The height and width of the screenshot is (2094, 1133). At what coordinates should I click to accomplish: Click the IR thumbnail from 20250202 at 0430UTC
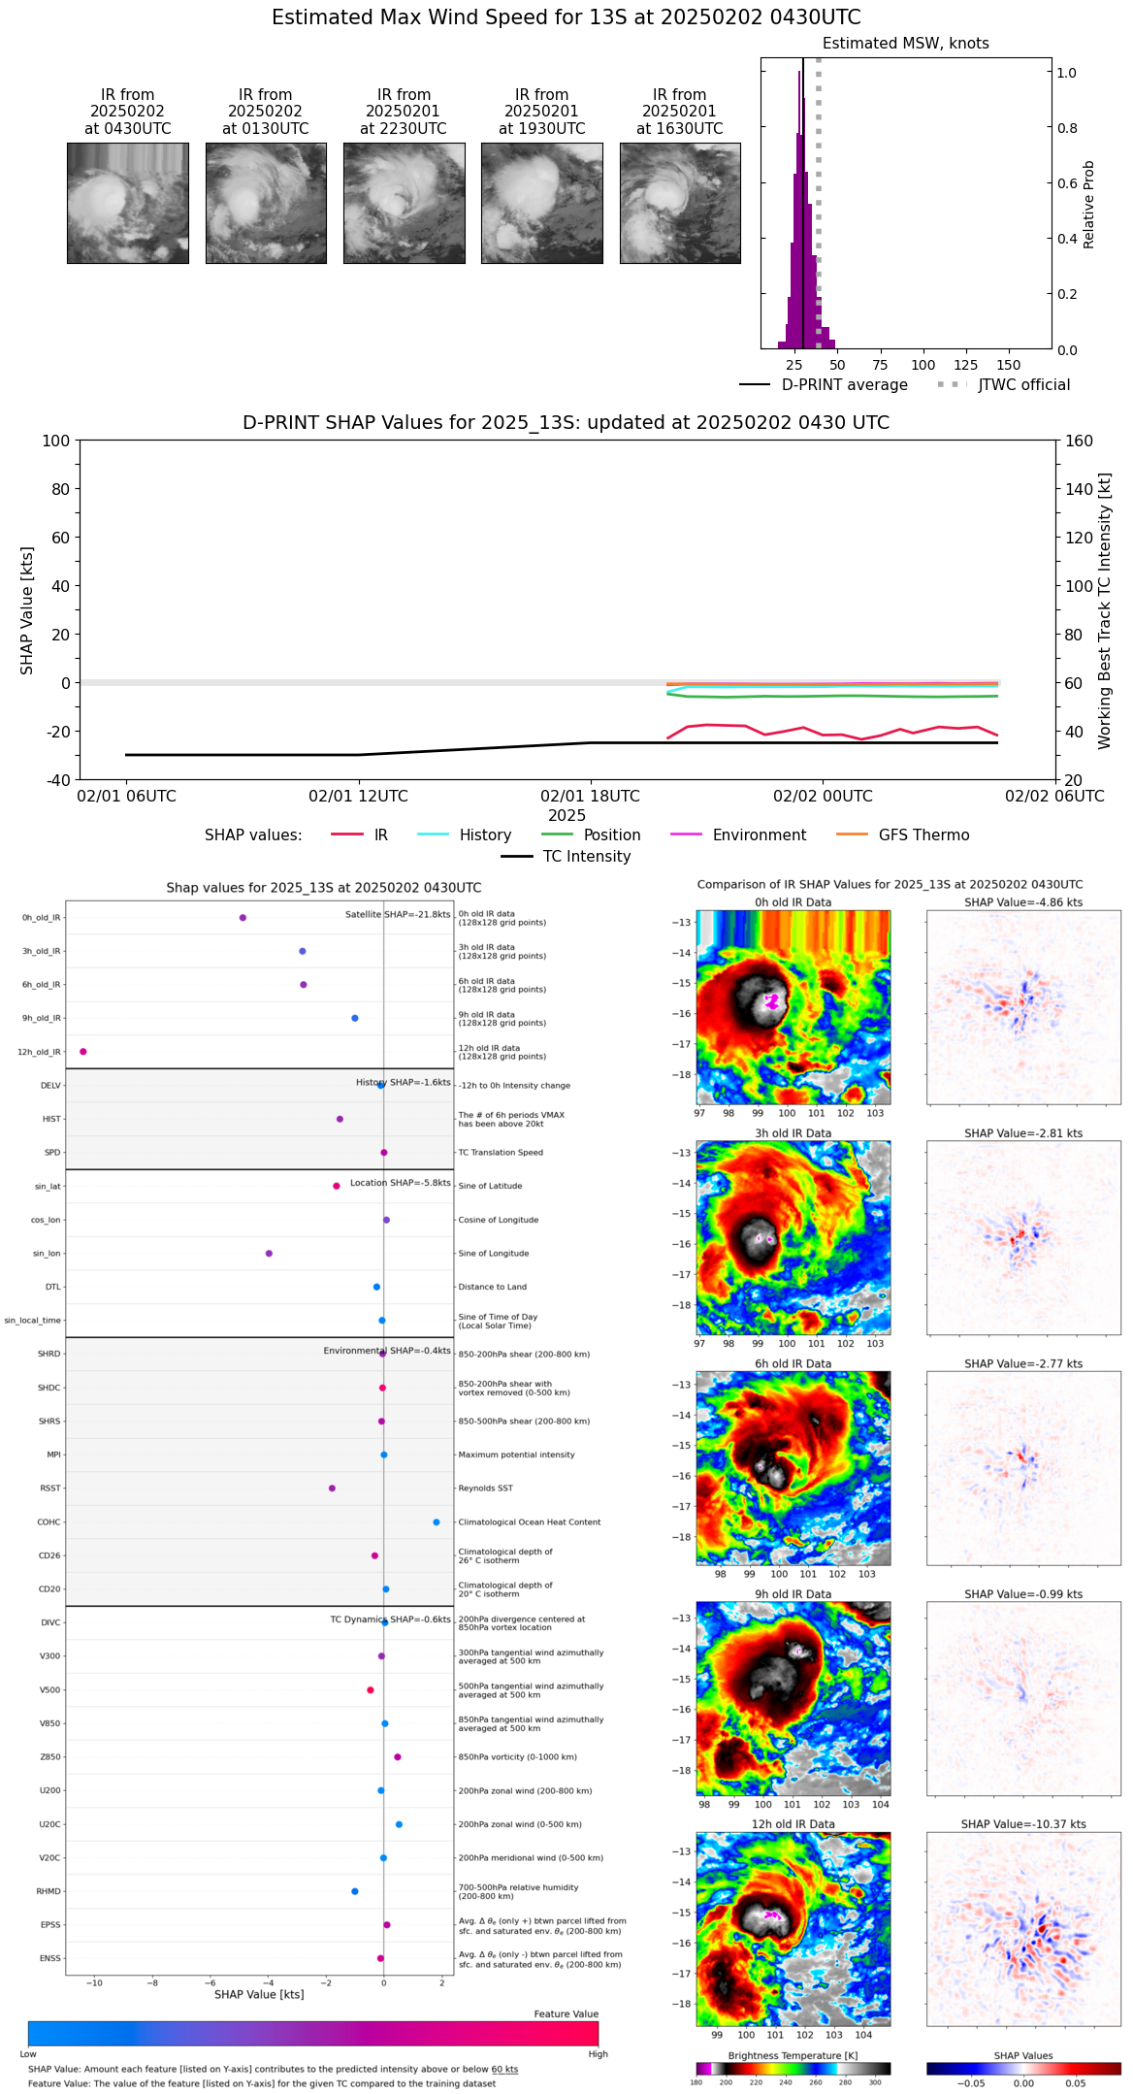tap(127, 203)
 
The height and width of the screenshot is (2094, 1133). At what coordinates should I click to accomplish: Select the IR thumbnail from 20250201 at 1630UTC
tap(680, 203)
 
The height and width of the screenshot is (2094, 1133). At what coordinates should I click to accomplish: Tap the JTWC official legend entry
tap(1023, 385)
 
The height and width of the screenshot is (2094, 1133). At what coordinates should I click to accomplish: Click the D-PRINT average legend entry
tap(844, 385)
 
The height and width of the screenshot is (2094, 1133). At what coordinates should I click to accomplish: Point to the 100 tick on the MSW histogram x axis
tap(923, 365)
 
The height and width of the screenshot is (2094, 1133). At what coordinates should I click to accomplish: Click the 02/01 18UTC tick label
tap(590, 796)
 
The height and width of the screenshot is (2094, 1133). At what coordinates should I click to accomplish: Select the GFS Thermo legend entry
tap(923, 834)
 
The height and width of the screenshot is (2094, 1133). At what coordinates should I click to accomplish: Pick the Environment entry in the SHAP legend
tap(759, 834)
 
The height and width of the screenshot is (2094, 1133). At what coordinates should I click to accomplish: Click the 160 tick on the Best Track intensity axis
tap(1079, 441)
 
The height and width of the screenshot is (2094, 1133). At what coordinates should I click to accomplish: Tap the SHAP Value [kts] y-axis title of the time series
tap(27, 610)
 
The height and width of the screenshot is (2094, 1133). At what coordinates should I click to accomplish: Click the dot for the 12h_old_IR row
tap(83, 1051)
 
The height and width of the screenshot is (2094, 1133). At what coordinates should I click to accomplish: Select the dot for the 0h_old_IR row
tap(243, 917)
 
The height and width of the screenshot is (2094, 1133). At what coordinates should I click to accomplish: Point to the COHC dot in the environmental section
tap(437, 1521)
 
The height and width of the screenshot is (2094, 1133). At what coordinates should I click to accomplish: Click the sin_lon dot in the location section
tap(269, 1253)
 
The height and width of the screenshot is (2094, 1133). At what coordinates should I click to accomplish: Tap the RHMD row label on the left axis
tap(49, 1891)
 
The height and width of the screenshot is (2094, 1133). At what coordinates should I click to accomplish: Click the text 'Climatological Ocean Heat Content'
tap(529, 1521)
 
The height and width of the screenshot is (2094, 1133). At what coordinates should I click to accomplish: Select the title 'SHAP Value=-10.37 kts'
tap(1023, 1824)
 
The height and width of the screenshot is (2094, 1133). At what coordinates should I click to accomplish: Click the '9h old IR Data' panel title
tap(793, 1594)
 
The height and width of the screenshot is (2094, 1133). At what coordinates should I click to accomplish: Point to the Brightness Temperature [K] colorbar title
tap(793, 2055)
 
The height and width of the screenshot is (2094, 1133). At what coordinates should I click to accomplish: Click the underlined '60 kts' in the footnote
tap(504, 2070)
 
